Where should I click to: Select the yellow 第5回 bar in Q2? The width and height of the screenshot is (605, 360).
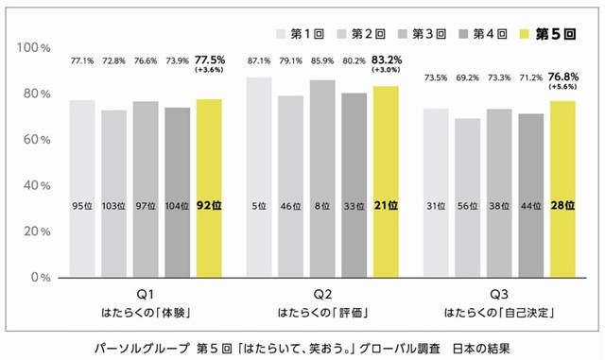point(385,180)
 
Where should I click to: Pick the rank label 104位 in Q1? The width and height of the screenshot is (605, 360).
point(177,206)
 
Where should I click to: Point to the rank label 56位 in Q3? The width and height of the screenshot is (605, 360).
point(466,206)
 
